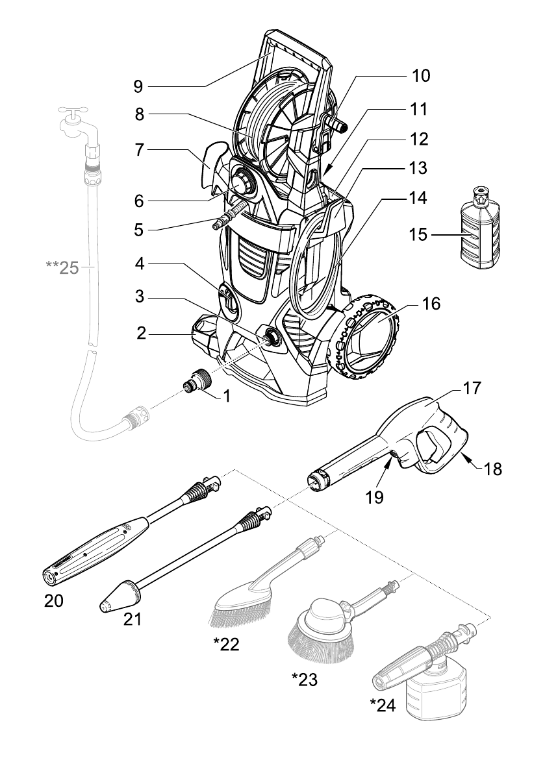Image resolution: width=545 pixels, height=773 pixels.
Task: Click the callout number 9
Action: pyautogui.click(x=138, y=86)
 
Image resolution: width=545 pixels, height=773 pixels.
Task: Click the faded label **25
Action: pyautogui.click(x=62, y=267)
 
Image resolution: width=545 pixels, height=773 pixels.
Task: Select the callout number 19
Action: pyautogui.click(x=375, y=497)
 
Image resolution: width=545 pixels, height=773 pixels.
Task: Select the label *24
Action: pyautogui.click(x=383, y=705)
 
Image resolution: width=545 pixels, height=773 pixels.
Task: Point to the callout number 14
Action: pyautogui.click(x=418, y=197)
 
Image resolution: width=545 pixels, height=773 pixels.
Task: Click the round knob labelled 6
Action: pyautogui.click(x=242, y=183)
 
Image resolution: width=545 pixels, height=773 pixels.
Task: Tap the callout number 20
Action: pyautogui.click(x=54, y=601)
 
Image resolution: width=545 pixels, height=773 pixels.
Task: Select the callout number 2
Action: pyautogui.click(x=142, y=333)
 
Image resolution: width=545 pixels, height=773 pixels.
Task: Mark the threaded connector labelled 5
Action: pyautogui.click(x=229, y=216)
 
